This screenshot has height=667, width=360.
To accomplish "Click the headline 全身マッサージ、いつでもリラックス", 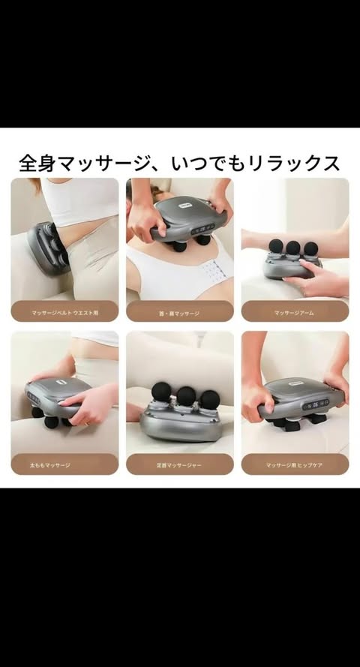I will pos(180,163).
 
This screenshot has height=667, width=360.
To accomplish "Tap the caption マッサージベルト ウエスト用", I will pos(64,311).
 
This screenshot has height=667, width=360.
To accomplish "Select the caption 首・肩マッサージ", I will pos(179,311).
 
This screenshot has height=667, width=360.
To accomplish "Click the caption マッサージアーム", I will pos(295,311).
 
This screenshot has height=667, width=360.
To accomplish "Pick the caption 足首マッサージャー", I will pos(179,464).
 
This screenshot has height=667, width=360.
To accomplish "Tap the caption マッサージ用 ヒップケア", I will pos(295,464).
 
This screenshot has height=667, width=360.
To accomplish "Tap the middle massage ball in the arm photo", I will pos(293,247).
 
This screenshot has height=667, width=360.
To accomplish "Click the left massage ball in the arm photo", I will pos(277,245).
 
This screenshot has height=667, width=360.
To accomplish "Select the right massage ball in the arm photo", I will pos(310,247).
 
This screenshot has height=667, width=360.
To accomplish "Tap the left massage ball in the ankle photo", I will pos(161,391).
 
